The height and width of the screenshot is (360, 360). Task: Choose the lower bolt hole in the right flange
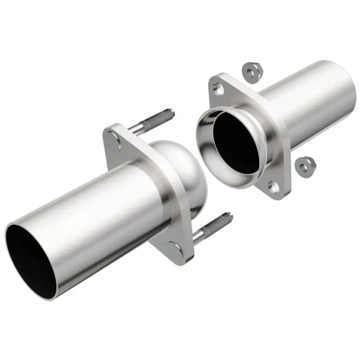pyautogui.click(x=273, y=185)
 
